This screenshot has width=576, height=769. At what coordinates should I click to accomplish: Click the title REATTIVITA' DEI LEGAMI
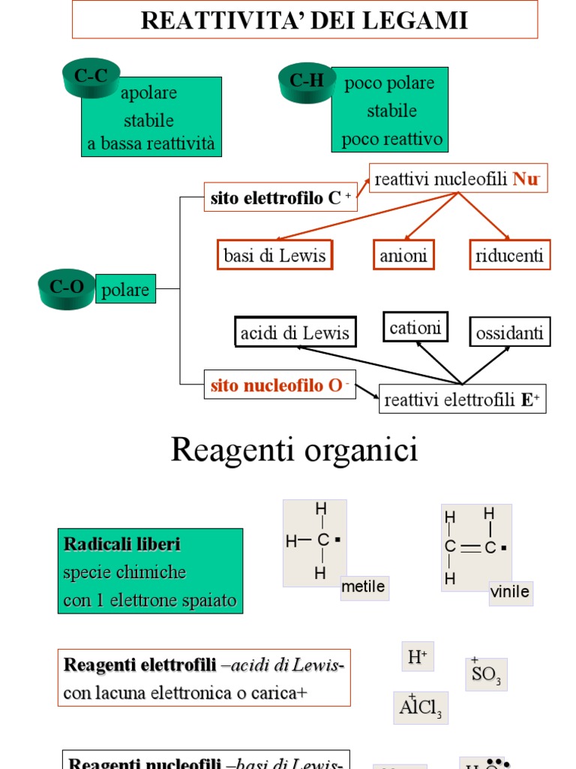click(x=304, y=20)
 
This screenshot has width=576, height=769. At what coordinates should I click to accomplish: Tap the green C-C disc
click(x=91, y=78)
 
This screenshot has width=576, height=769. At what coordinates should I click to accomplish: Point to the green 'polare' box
click(x=125, y=290)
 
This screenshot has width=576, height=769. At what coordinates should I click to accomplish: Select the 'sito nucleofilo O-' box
click(x=280, y=385)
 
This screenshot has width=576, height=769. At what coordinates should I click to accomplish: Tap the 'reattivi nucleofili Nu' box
click(x=457, y=179)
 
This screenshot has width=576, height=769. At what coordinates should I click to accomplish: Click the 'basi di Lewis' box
click(x=274, y=255)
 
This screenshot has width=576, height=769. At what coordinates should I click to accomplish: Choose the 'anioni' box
click(x=403, y=255)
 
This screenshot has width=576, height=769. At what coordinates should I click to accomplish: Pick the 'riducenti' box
click(x=509, y=255)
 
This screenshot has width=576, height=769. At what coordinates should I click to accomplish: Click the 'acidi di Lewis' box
click(x=295, y=333)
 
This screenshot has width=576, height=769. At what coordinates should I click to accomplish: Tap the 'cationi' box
click(x=415, y=327)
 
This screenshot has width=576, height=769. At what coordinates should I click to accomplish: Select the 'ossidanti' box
click(x=510, y=333)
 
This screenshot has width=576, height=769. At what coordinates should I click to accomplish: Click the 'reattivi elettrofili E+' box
click(x=462, y=400)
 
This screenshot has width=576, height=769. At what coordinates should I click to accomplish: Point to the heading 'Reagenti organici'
click(x=294, y=451)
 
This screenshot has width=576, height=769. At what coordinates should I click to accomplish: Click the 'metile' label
click(x=363, y=587)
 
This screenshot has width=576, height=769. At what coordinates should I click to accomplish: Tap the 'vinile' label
click(x=510, y=592)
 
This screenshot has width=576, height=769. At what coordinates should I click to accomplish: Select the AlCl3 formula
click(x=421, y=707)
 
